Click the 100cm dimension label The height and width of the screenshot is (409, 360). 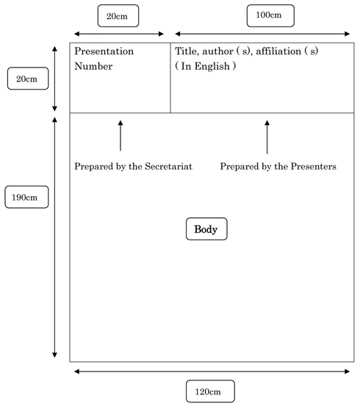(x=270, y=15)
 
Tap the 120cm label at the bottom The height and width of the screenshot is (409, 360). (x=210, y=391)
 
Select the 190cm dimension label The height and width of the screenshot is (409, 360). (x=26, y=197)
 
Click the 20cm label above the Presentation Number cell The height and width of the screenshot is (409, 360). (x=118, y=15)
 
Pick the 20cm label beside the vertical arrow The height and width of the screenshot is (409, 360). (x=28, y=79)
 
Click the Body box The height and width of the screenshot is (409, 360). (x=206, y=229)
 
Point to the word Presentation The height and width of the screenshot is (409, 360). (x=104, y=51)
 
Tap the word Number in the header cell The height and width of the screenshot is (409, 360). (x=93, y=66)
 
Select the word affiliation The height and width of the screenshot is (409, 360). (x=278, y=51)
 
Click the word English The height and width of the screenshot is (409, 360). (x=212, y=67)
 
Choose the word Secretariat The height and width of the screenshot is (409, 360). (x=168, y=166)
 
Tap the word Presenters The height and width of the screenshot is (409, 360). (x=313, y=166)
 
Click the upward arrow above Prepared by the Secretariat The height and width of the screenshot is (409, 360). (x=120, y=135)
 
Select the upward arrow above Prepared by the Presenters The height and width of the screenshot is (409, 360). (x=267, y=137)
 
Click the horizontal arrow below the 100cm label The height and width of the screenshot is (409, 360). (x=262, y=34)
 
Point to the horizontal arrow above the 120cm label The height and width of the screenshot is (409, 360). (x=212, y=372)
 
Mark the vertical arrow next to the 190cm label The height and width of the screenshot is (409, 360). (x=54, y=237)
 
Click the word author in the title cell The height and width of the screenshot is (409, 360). (x=217, y=51)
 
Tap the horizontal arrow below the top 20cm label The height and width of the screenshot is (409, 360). (x=119, y=34)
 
